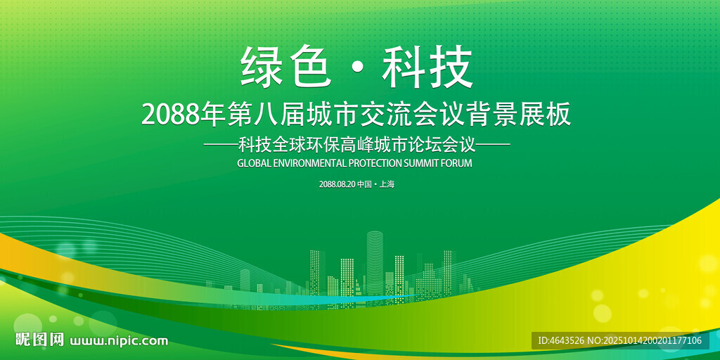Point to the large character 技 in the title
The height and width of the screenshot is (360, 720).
click(x=452, y=67)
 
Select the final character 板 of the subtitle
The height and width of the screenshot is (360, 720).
click(x=560, y=115)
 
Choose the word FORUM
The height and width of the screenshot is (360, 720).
click(x=456, y=163)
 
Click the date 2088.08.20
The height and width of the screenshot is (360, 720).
click(x=337, y=185)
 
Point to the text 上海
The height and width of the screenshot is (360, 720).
click(x=387, y=185)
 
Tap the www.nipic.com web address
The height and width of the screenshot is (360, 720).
click(x=118, y=341)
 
